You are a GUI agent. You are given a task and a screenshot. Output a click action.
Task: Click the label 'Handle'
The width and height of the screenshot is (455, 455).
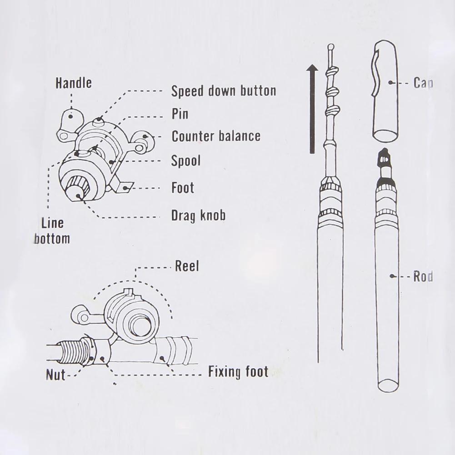coord(73,83)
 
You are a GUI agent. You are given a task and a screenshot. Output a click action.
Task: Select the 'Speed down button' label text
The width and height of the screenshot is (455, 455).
coord(223,90)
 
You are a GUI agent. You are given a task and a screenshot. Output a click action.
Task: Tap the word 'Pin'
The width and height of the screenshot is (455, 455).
coord(180,114)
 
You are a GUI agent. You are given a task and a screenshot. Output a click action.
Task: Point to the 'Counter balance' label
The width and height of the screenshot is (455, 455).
coord(216,136)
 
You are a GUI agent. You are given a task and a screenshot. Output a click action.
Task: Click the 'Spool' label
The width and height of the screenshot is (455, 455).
coord(185,160)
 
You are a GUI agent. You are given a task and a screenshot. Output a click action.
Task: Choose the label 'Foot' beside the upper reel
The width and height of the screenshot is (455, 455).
coord(182,187)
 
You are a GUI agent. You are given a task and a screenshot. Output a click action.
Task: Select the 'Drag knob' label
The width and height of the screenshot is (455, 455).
coord(198,215)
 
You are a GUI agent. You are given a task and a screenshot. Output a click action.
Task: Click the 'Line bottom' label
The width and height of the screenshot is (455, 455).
coord(52,230)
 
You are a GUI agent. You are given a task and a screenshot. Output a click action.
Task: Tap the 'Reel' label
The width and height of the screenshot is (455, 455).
coord(187,266)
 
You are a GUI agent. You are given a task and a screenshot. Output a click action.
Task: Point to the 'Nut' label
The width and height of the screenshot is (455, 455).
coord(55,375)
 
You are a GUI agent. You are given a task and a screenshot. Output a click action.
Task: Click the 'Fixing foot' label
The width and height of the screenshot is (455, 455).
coord(238,372)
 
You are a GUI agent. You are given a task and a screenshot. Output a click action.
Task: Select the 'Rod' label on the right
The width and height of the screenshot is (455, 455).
coord(422,276)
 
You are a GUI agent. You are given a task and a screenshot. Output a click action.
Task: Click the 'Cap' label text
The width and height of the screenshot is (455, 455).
coord(423,83)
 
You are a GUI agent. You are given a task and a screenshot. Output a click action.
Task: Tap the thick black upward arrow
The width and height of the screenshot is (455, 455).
coord(312,109)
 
